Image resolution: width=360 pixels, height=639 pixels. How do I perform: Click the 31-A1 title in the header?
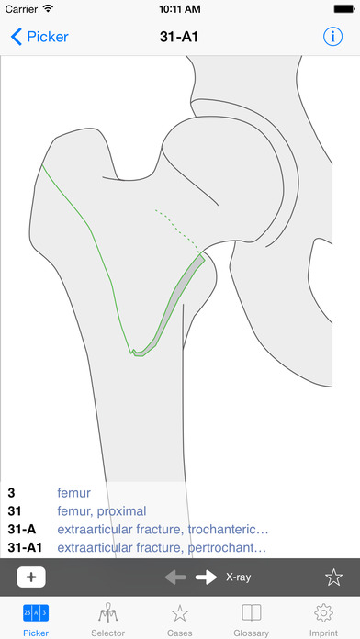point(180,38)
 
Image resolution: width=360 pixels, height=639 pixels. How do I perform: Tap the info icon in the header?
point(332,38)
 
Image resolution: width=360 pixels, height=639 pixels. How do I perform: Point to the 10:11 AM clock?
point(180,9)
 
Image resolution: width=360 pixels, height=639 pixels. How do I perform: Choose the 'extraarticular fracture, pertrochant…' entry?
point(162,548)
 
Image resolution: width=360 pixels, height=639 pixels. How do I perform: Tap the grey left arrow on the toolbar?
point(177,577)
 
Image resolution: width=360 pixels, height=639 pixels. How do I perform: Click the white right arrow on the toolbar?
point(207,577)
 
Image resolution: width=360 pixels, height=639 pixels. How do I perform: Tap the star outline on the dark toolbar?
point(333,577)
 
